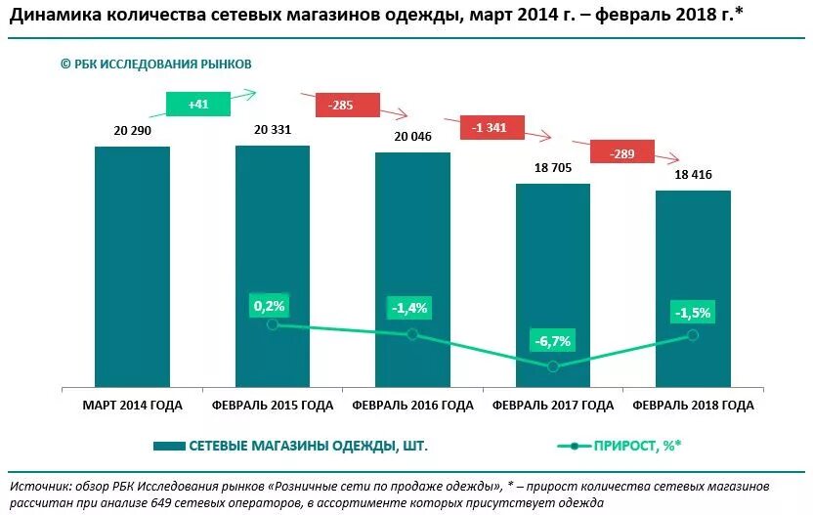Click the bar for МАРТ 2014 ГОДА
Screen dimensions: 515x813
point(132,266)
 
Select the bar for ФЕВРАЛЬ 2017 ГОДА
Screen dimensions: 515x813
point(553,283)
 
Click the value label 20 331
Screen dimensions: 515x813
point(273,129)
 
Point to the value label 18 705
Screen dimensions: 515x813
point(553,167)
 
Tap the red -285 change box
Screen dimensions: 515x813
point(341,105)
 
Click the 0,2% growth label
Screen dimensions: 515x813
point(269,306)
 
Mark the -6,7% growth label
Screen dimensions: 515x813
point(552,341)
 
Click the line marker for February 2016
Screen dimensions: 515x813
point(412,334)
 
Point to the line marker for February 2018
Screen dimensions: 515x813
point(693,334)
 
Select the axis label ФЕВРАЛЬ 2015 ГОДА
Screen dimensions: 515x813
point(273,405)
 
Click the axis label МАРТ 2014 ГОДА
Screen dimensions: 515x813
point(132,405)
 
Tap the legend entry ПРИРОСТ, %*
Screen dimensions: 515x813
point(636,446)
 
